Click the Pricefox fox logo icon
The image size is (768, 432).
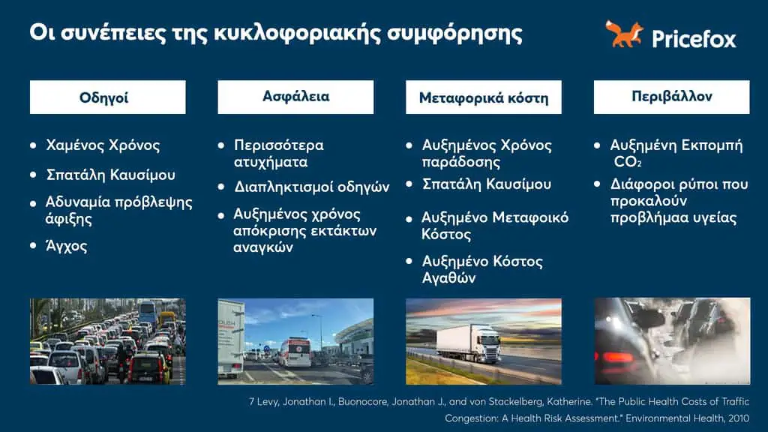click(x=624, y=34)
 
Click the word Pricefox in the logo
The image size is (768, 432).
click(x=694, y=38)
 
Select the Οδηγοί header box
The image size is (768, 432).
click(x=107, y=97)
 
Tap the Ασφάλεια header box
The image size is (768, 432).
click(x=295, y=97)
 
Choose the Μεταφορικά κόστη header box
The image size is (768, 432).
click(x=484, y=97)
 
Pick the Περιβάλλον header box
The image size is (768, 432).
click(x=671, y=97)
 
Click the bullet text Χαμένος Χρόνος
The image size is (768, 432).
click(x=103, y=145)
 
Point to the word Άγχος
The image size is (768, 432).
click(x=67, y=246)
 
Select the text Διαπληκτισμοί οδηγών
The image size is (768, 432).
click(x=311, y=187)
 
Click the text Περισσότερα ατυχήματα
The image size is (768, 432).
click(x=278, y=153)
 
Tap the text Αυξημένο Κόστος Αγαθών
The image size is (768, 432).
click(x=482, y=270)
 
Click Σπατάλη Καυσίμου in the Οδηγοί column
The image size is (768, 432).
click(x=110, y=175)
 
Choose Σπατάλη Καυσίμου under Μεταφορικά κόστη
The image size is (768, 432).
click(x=487, y=184)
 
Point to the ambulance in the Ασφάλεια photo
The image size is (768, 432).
click(x=294, y=352)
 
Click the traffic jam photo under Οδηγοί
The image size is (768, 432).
click(x=107, y=342)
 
